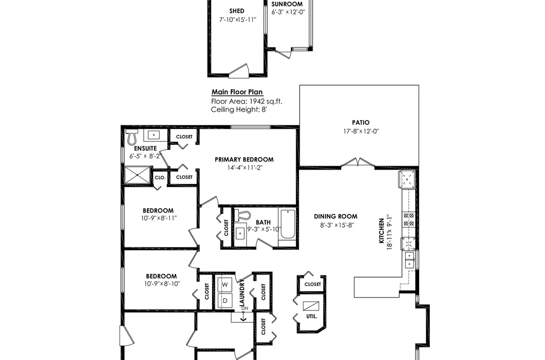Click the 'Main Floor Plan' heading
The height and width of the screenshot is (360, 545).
tap(237, 92)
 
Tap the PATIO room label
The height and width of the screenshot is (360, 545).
tap(361, 123)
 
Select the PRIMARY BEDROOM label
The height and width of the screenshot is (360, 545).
tap(244, 159)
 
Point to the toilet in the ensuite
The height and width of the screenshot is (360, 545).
tap(132, 137)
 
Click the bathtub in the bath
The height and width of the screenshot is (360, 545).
tap(287, 224)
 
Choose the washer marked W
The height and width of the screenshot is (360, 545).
tap(225, 285)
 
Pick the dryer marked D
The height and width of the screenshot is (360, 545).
tap(225, 301)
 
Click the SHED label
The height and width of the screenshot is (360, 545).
tap(237, 11)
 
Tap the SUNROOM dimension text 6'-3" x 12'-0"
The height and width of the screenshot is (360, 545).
tap(288, 12)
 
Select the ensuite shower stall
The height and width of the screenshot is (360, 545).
tap(138, 175)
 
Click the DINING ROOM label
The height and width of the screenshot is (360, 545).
tap(336, 216)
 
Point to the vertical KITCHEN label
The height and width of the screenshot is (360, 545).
tap(381, 231)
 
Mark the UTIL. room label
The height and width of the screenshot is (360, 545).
tap(312, 316)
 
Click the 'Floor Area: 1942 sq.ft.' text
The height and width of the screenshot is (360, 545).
tap(247, 102)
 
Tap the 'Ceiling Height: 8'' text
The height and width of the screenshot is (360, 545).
tap(239, 110)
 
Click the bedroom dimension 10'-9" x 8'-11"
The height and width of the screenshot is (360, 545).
tap(159, 218)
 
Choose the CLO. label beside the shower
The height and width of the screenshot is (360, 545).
tap(160, 178)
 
